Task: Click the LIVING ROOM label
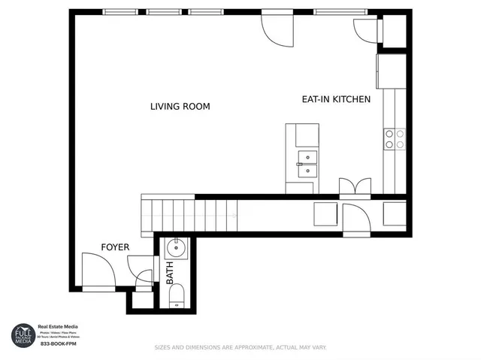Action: pos(180,107)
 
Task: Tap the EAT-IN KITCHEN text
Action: pos(336,99)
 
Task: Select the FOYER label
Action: pos(115,247)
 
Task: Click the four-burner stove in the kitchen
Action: pos(395,138)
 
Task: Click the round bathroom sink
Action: pos(176,247)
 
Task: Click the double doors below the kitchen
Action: pos(355,186)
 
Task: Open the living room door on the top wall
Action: pos(275,28)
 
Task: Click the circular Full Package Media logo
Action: pos(23,334)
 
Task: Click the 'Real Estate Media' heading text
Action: pos(58,327)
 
